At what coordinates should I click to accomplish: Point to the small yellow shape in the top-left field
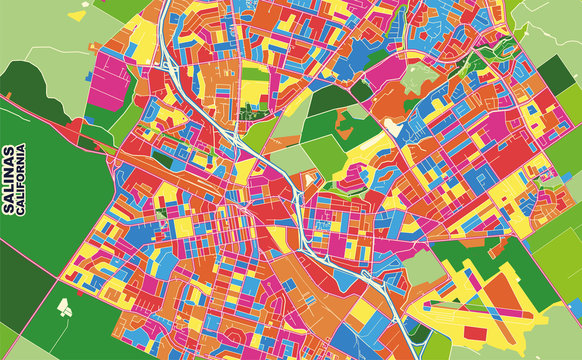tap(78, 16)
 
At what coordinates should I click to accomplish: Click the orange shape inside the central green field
tap(349, 126)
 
